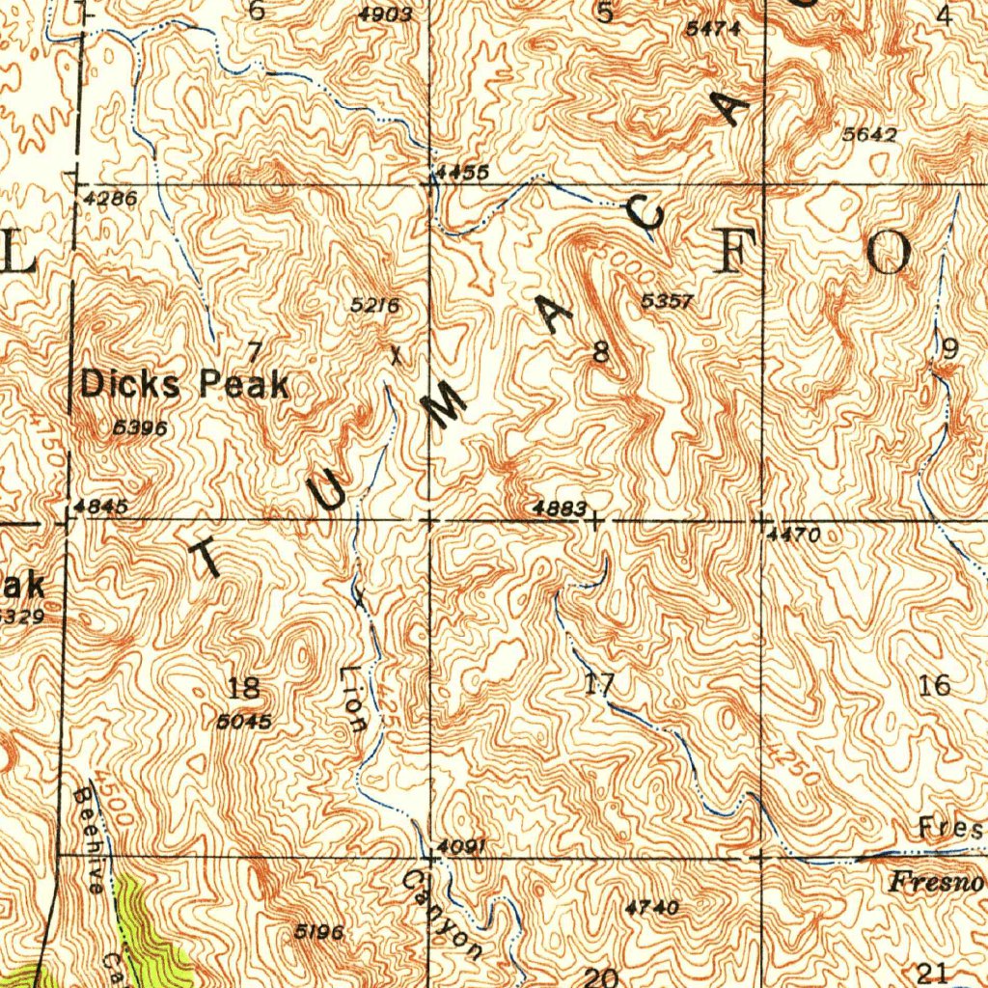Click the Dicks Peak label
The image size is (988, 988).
point(184,385)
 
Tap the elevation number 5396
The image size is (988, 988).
point(141,427)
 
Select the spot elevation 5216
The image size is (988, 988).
point(374,306)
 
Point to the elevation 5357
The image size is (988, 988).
point(666,302)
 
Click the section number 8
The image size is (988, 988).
point(601,354)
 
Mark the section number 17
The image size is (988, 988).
point(599,686)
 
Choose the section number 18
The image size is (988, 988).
point(244,688)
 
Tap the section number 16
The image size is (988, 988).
point(934,686)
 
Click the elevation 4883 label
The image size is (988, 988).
point(560,508)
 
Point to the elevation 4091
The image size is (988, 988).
point(460,846)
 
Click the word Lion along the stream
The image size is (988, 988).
point(354,699)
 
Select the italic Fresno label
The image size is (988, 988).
point(936,882)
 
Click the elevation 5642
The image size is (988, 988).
point(869,135)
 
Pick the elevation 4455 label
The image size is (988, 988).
point(461,172)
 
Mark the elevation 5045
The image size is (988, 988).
point(244,721)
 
